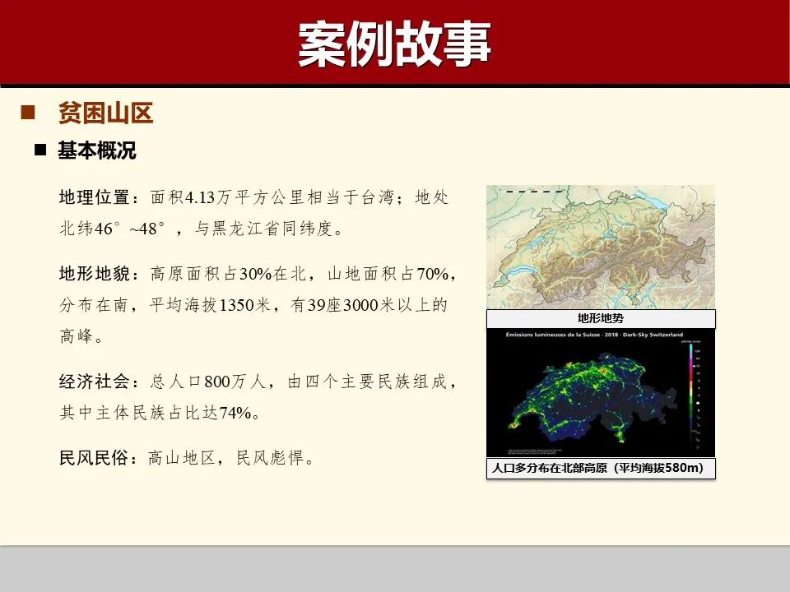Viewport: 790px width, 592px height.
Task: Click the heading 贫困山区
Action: tap(105, 113)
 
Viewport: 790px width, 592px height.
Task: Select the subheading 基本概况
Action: tap(96, 151)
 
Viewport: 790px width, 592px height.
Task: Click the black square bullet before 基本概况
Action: tap(39, 151)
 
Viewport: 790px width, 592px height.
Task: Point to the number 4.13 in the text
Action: tap(199, 198)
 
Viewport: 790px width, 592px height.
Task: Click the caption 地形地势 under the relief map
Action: tap(601, 318)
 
